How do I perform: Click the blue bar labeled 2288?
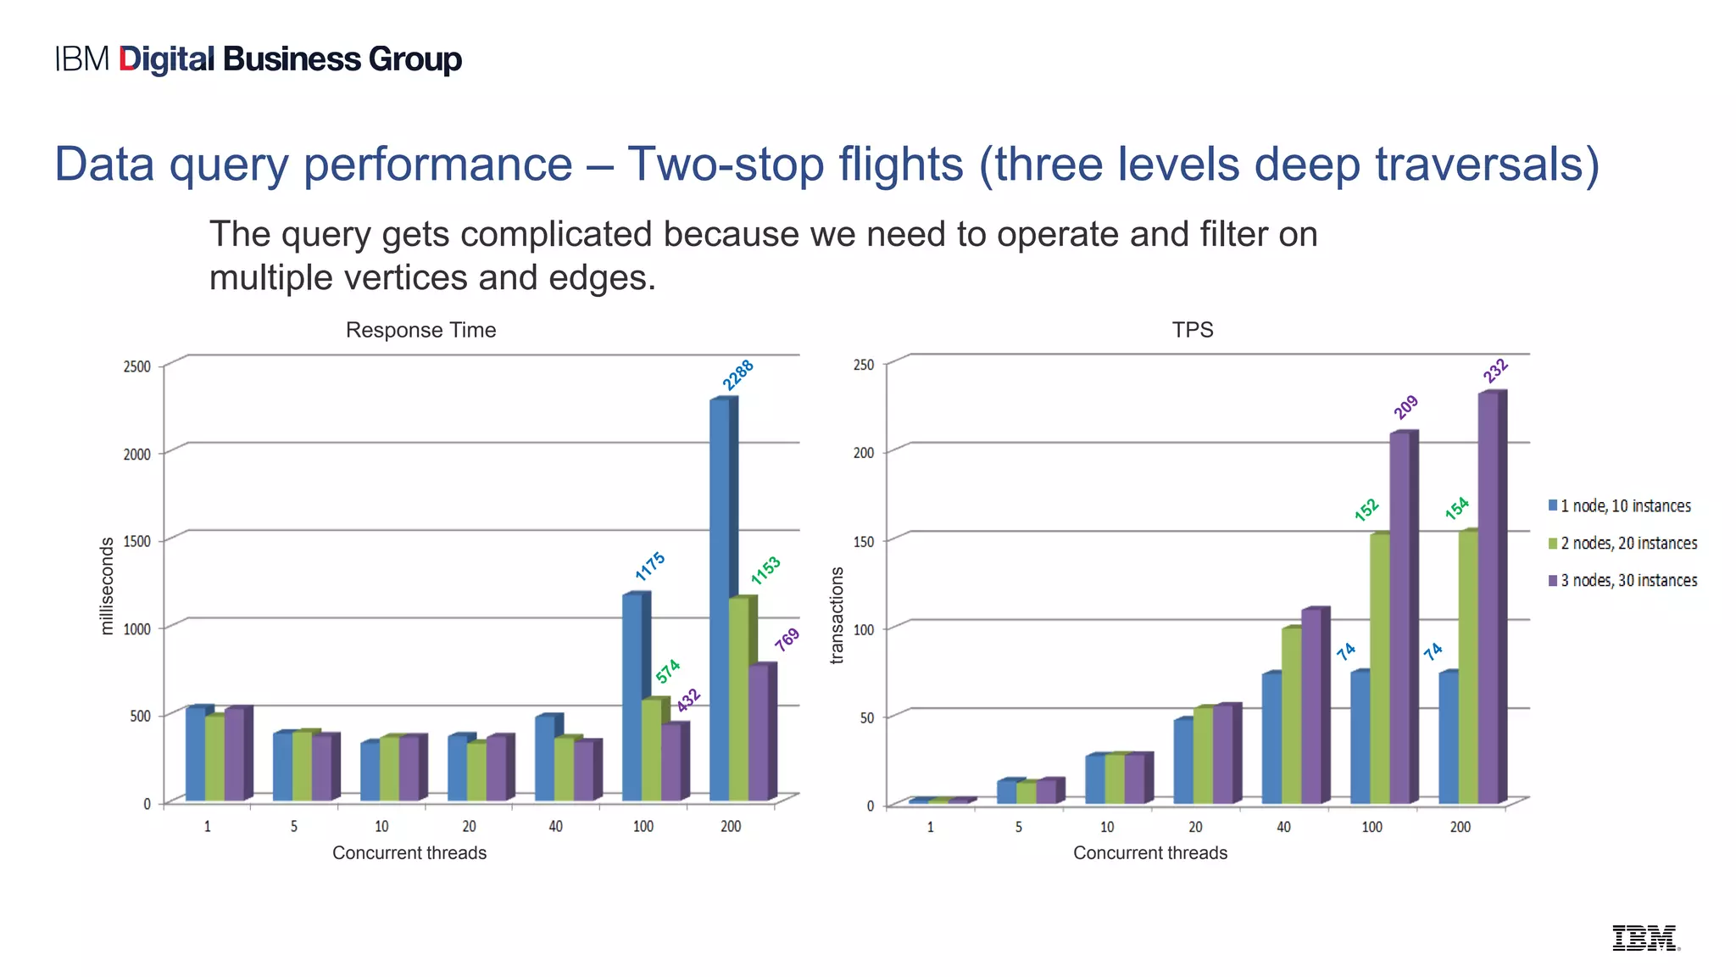click(720, 598)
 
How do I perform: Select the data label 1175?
click(650, 566)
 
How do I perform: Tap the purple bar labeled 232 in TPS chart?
click(1488, 597)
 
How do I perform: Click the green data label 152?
click(1366, 510)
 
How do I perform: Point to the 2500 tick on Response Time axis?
click(137, 366)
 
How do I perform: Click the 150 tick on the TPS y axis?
click(863, 541)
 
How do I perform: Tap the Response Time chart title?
click(420, 330)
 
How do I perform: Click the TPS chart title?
click(1192, 330)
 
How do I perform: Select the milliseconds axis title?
click(107, 586)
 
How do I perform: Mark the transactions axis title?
click(837, 615)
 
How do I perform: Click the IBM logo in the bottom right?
click(1644, 938)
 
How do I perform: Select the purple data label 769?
click(787, 639)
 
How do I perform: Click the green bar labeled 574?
click(650, 750)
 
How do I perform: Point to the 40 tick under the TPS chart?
click(1283, 827)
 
